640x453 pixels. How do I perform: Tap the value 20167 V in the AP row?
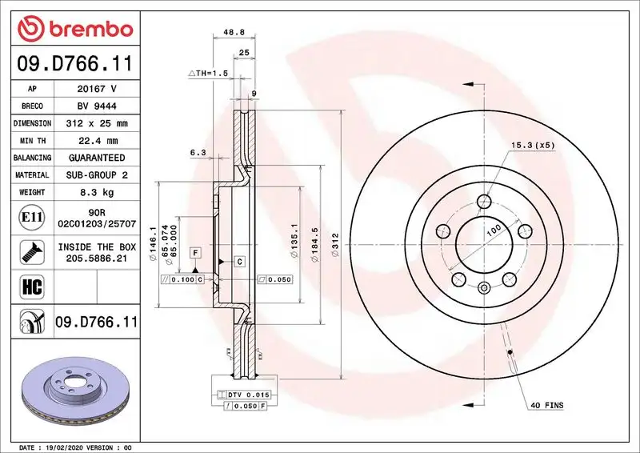(96, 89)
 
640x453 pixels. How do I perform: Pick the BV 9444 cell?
(96, 106)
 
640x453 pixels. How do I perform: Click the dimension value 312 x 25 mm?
(96, 124)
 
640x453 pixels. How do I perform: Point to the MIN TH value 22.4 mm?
(96, 141)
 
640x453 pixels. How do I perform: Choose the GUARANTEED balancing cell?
(96, 158)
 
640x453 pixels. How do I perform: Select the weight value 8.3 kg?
(96, 192)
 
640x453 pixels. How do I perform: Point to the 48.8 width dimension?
(233, 33)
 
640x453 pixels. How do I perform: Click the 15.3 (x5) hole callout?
(532, 146)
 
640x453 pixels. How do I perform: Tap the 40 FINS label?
(546, 406)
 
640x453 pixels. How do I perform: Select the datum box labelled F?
(194, 253)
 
